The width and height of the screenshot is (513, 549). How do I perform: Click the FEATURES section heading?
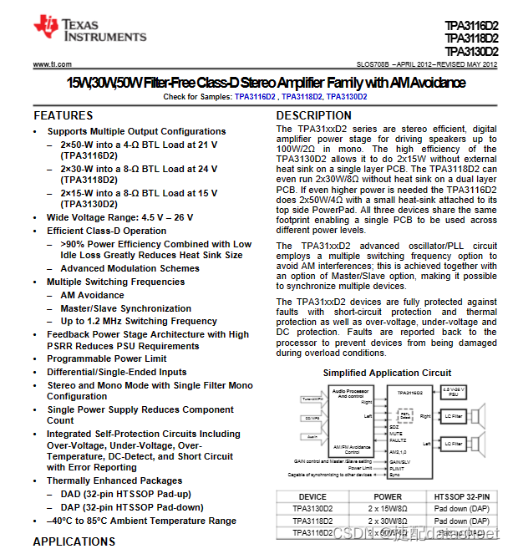(x=63, y=115)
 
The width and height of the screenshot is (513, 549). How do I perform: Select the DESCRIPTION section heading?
(x=313, y=115)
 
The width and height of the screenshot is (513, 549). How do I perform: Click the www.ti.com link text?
(x=52, y=64)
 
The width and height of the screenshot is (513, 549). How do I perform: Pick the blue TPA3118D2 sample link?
(x=301, y=97)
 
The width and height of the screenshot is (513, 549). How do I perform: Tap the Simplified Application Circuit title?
(x=387, y=373)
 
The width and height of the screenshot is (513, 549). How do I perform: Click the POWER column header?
(x=388, y=496)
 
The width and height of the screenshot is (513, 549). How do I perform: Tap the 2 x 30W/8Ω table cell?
(x=388, y=521)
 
